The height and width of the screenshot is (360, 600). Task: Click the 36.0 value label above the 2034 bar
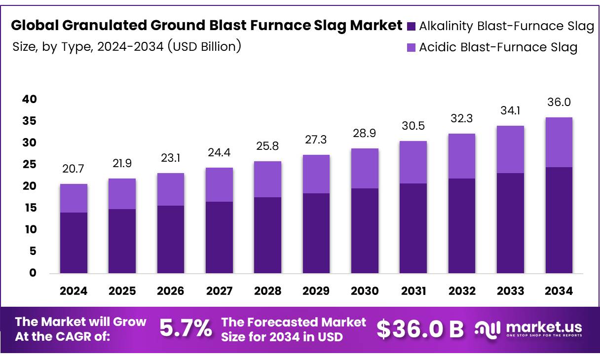tap(559, 103)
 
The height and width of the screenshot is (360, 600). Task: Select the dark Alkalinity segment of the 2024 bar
tap(74, 243)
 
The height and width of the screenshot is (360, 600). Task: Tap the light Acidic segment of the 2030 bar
tap(365, 168)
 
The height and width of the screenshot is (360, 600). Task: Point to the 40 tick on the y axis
tap(30, 100)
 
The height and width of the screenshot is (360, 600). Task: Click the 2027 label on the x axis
tap(219, 291)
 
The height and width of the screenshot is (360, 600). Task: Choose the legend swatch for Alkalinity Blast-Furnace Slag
tap(412, 27)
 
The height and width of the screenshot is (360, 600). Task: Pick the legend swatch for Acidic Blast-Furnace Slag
tap(412, 48)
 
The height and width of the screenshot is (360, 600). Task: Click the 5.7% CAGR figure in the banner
tap(186, 328)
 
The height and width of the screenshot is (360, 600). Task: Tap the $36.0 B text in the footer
tap(420, 329)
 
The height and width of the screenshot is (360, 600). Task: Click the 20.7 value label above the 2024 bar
tap(74, 170)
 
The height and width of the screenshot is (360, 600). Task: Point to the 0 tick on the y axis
tap(33, 273)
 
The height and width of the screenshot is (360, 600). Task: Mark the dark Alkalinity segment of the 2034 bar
tap(559, 220)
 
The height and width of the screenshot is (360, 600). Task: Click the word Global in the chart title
tap(32, 26)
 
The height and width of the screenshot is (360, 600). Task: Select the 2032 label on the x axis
tap(462, 291)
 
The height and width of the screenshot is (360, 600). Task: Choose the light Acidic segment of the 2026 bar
tap(170, 189)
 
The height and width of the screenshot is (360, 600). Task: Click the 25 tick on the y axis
tap(30, 165)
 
